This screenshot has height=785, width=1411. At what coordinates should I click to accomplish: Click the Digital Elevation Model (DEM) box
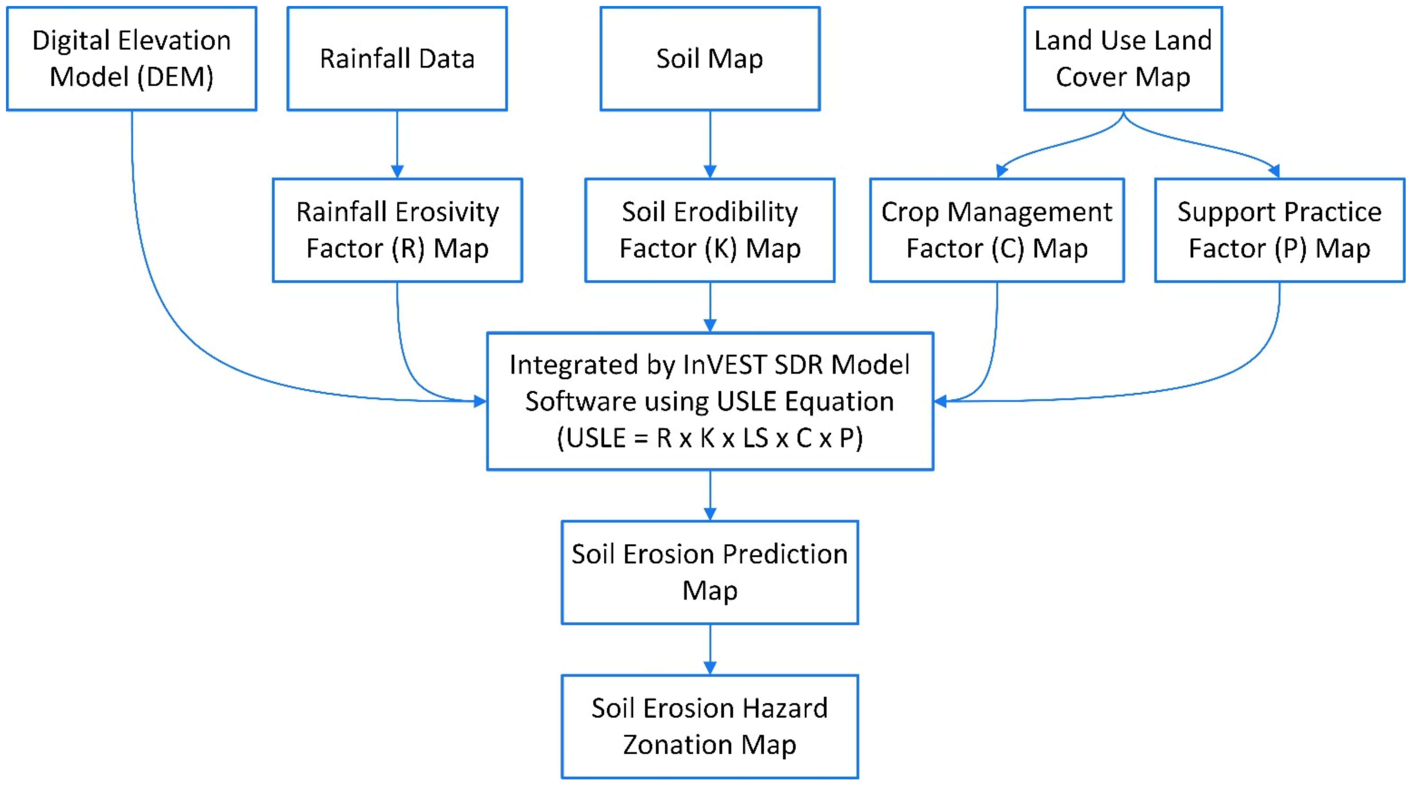click(x=131, y=59)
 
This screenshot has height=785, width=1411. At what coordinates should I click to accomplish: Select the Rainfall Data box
click(x=397, y=59)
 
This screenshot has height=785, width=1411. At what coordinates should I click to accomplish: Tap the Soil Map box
click(x=710, y=59)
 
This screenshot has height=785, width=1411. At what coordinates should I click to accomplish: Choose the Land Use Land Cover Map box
click(x=1123, y=59)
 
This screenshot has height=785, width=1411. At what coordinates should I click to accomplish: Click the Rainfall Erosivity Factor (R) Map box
click(x=397, y=230)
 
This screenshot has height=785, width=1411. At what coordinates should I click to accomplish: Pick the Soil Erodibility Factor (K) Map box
click(x=710, y=230)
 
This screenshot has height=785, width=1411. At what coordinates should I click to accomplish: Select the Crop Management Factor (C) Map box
click(x=997, y=230)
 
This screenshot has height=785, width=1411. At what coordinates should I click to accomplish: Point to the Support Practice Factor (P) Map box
click(x=1280, y=230)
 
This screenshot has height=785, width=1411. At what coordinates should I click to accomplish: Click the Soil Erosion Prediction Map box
click(x=710, y=573)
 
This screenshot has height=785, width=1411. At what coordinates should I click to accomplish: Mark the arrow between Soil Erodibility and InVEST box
click(x=710, y=307)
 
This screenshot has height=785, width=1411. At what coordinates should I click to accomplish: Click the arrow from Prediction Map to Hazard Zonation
click(x=710, y=649)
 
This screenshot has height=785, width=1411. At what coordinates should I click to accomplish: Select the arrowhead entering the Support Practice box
click(x=1274, y=171)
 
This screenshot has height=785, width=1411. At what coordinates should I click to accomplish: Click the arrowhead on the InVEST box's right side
click(x=940, y=401)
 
